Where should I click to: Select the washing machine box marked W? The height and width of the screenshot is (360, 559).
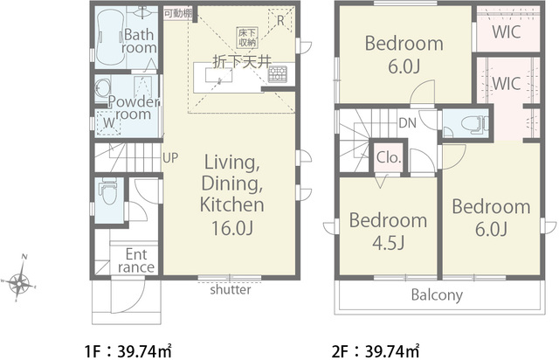coord(108,122)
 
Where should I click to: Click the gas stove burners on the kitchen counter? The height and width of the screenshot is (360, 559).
coord(278,74)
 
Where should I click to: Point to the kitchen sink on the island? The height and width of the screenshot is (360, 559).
coord(219,75)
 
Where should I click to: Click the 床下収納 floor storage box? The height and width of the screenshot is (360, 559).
coord(247,38)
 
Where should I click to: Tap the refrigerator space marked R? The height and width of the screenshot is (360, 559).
coord(279,20)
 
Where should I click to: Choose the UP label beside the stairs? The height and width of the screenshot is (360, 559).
coord(170,157)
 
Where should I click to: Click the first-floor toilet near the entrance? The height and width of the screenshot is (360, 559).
coord(108,193)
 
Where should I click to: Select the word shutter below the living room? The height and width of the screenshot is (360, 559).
coord(231,289)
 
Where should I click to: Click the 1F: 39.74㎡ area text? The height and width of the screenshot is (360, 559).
coord(128,352)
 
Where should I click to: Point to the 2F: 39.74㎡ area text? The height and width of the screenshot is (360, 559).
coord(376,352)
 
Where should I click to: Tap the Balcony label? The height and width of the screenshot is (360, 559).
coord(437,295)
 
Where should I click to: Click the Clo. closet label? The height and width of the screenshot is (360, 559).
coord(389,157)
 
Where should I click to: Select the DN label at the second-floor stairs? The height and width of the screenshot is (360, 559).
coord(408,123)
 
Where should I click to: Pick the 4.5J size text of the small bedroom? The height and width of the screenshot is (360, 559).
coord(388,243)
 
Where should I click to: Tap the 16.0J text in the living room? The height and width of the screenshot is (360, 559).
coord(232,228)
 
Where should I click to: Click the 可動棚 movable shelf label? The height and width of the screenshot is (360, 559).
coord(178,14)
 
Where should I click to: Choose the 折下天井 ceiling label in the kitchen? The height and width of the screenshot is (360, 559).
coord(242,62)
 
